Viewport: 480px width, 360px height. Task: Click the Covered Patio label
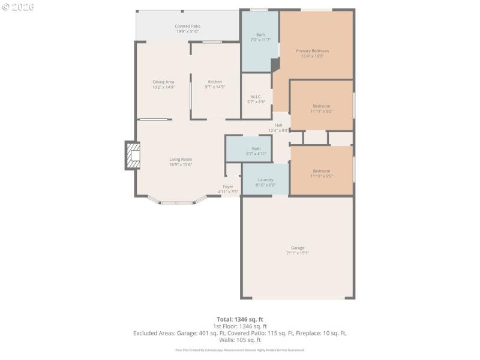click(188, 26)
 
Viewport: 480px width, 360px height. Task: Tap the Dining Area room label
click(163, 82)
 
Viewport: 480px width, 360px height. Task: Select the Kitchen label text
click(215, 82)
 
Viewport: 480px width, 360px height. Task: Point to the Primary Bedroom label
click(312, 51)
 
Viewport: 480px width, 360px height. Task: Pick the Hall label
click(278, 125)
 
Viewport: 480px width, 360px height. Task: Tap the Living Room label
click(180, 159)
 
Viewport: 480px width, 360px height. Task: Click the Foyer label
click(228, 187)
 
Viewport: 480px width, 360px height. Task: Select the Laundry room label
click(266, 179)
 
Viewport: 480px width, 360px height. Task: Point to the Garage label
click(298, 248)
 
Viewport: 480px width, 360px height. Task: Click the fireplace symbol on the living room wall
click(132, 156)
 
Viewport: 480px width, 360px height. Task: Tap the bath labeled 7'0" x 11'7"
click(260, 37)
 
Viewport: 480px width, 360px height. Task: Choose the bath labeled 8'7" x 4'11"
click(256, 151)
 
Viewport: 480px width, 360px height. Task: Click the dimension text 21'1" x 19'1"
click(298, 253)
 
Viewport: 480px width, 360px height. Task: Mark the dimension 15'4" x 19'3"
click(312, 56)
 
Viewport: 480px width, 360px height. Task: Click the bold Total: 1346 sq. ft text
click(240, 319)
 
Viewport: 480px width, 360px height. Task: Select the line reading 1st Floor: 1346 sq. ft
click(240, 326)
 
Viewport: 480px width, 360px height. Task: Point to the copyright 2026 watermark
click(18, 7)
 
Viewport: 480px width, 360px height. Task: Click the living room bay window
click(177, 202)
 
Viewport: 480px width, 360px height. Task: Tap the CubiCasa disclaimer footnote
click(240, 350)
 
